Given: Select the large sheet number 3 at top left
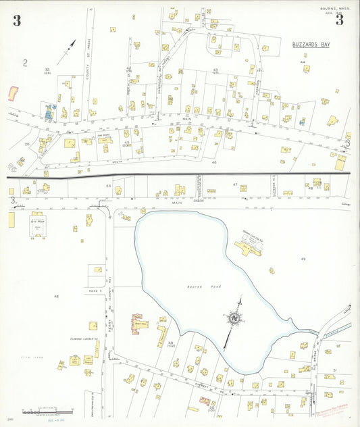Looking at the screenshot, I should (16, 20).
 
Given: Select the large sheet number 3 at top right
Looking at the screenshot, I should (340, 20).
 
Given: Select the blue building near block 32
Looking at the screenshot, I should (49, 111).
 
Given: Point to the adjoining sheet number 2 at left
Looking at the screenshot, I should (25, 64).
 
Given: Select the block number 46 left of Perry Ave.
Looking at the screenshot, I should (57, 297).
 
